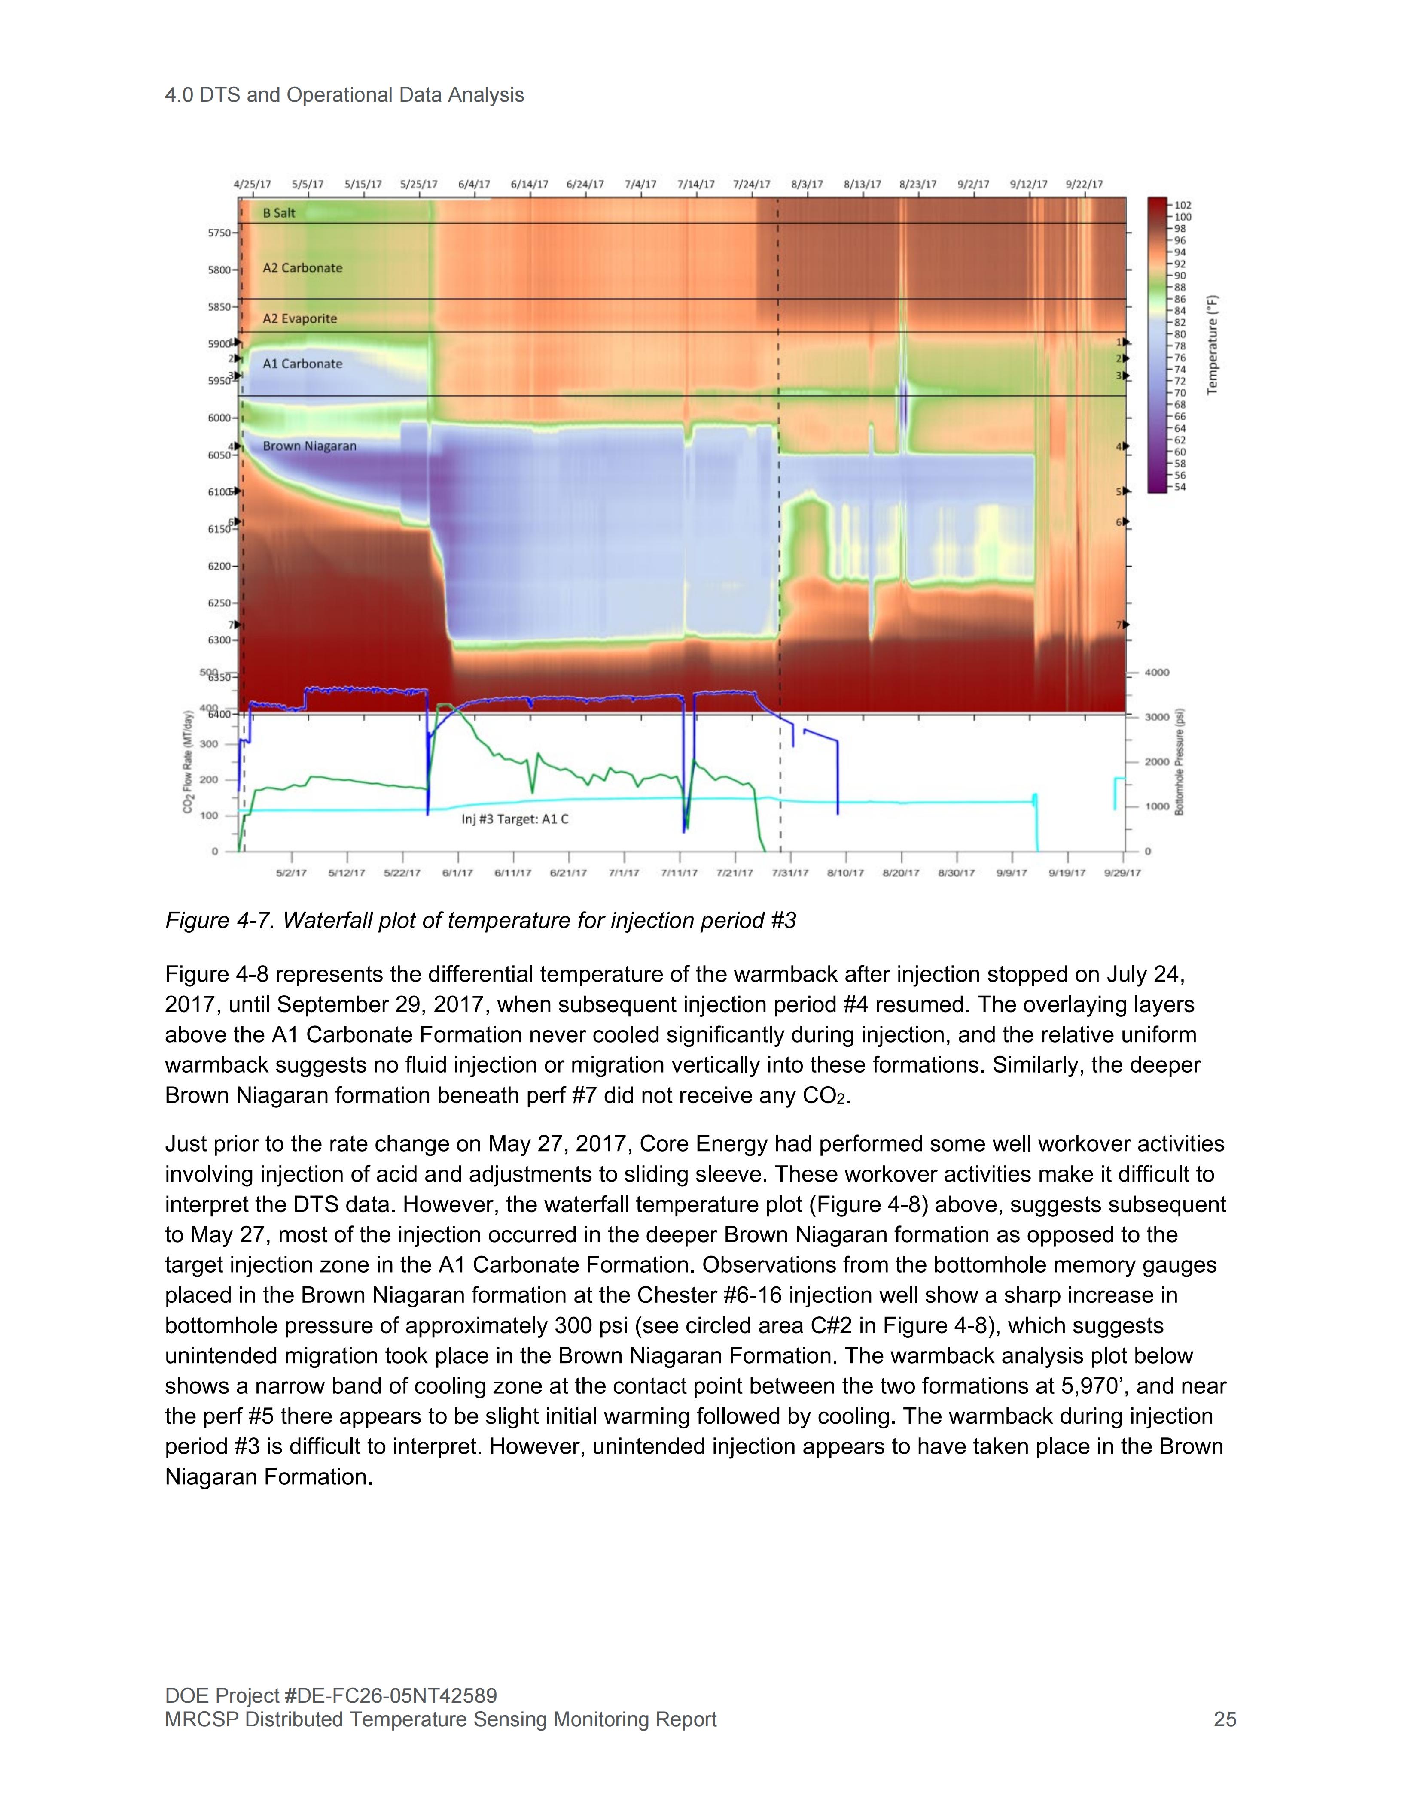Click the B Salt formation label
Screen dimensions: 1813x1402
279,213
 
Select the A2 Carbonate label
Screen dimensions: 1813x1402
302,268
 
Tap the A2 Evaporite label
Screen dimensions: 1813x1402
300,319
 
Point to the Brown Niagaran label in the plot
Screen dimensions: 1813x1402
309,447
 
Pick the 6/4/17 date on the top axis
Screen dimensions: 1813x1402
474,184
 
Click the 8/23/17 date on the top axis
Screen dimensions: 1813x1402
918,184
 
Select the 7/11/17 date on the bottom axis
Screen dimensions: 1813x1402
680,873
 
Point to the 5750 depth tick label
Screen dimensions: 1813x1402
219,233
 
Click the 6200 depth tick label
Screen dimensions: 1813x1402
219,566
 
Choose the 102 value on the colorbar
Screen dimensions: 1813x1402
1183,205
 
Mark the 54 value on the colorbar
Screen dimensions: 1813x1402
1180,487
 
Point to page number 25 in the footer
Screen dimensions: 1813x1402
1224,1719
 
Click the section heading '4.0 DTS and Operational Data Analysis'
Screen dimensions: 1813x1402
344,95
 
